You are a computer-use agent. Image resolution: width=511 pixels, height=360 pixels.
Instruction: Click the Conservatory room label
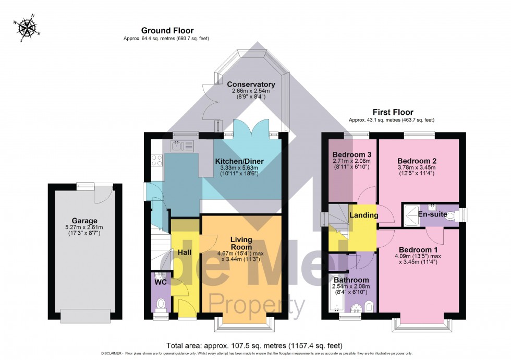[x=251, y=84]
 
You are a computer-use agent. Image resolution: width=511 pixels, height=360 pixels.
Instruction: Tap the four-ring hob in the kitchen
[x=157, y=161]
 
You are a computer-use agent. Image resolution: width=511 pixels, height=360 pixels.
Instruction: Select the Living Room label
[x=241, y=244]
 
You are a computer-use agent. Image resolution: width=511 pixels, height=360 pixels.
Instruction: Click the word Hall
[x=185, y=253]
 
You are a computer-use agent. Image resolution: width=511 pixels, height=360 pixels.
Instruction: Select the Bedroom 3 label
[x=352, y=155]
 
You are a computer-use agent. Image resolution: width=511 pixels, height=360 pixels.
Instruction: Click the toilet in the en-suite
[x=460, y=214]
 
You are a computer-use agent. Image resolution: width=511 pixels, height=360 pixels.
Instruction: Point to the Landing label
[x=360, y=215]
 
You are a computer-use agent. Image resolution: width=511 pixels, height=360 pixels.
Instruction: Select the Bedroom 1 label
[x=416, y=249]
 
